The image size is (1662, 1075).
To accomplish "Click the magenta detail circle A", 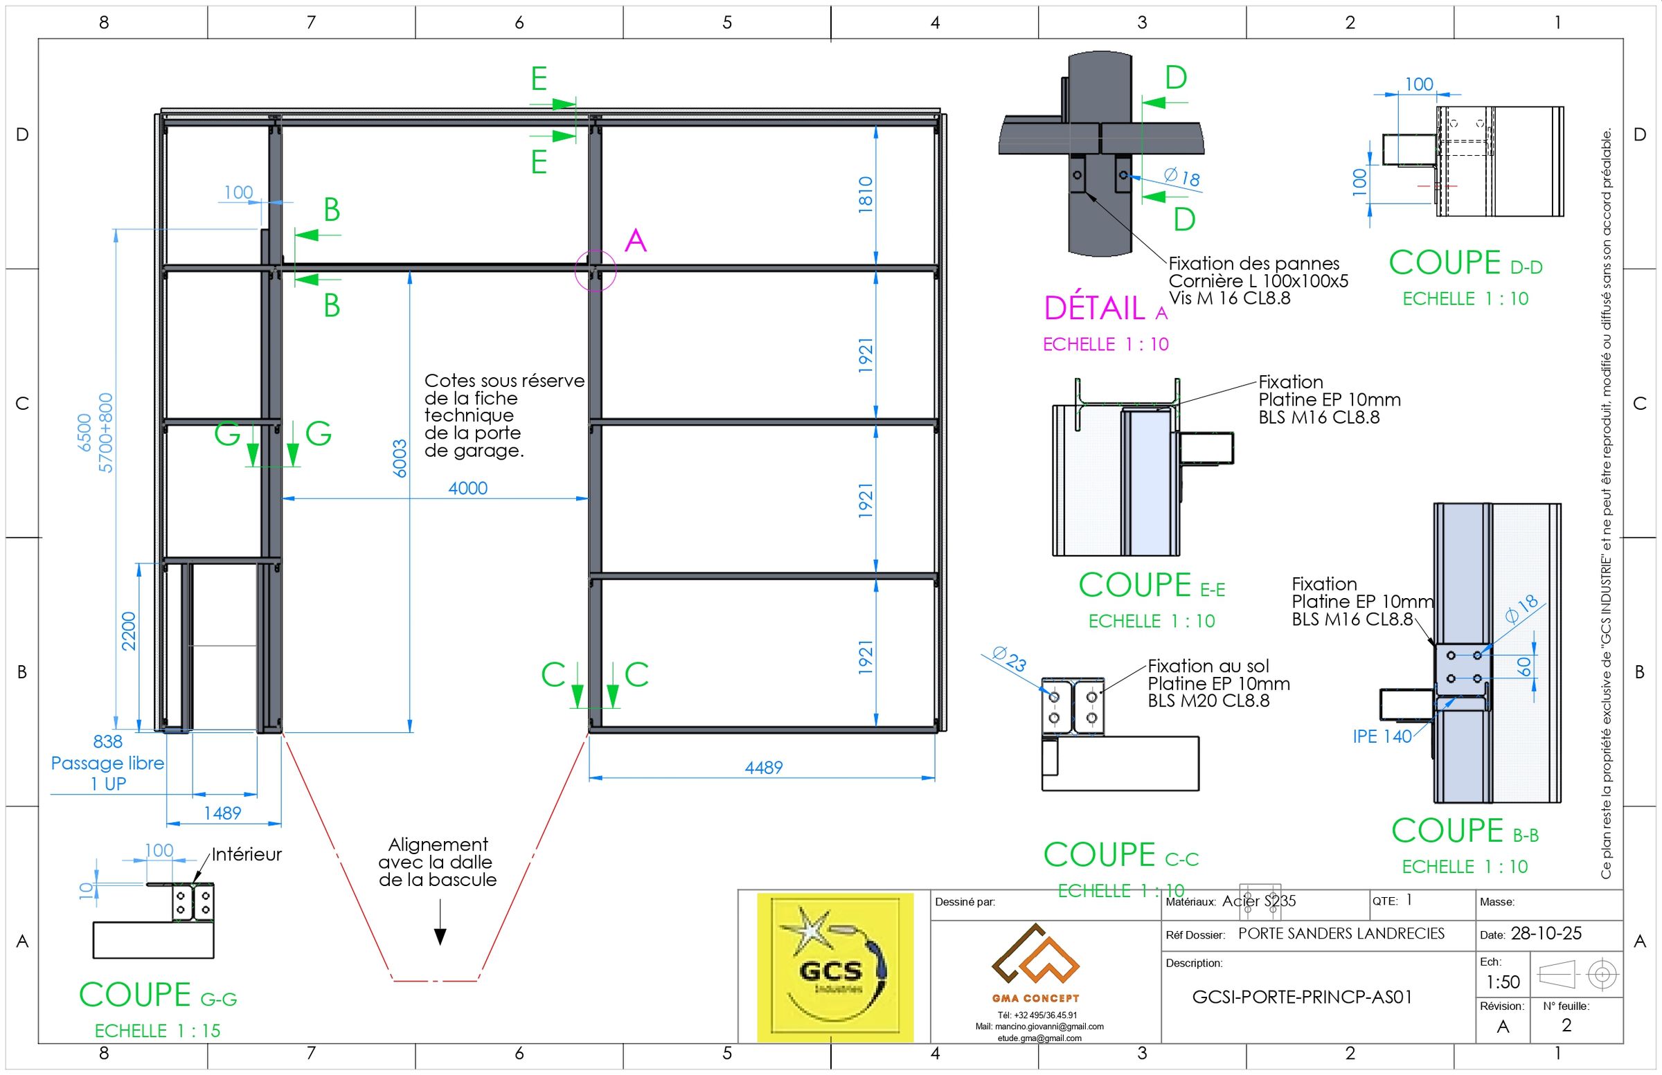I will [x=595, y=270].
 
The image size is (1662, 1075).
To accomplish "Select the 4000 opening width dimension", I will [x=467, y=488].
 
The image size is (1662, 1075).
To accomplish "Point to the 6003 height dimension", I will [x=400, y=458].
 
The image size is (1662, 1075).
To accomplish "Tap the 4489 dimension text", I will [x=763, y=768].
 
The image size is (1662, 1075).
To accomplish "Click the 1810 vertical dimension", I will [x=865, y=194].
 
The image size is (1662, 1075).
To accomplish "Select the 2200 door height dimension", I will [x=129, y=631].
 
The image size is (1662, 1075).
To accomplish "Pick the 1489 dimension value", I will [x=222, y=813].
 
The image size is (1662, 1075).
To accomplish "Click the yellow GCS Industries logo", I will [x=834, y=967].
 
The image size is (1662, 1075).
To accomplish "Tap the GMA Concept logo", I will [x=1035, y=963].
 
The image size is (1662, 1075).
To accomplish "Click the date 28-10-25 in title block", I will [x=1546, y=934].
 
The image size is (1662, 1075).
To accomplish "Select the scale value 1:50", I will [x=1503, y=982].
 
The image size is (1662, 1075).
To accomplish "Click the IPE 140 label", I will [x=1382, y=737].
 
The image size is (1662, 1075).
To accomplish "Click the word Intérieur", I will [x=247, y=854].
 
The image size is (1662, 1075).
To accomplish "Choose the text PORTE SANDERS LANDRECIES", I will [x=1341, y=934].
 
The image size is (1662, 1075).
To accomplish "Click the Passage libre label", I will [x=107, y=764].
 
